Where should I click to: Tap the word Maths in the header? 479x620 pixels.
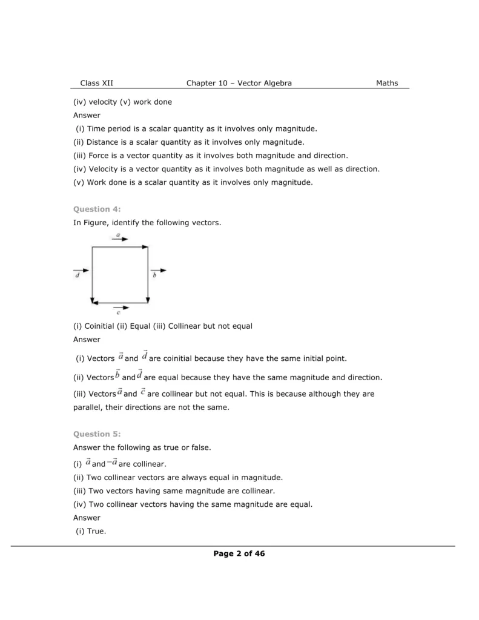click(387, 83)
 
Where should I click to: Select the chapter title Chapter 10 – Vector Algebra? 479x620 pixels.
click(239, 83)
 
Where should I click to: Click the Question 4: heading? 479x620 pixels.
click(97, 209)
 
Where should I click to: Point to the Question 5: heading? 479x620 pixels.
click(97, 434)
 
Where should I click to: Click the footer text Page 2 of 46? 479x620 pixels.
click(239, 553)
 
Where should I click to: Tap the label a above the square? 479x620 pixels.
click(118, 234)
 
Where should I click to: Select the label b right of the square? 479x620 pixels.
click(155, 276)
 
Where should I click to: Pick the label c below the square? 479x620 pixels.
click(118, 313)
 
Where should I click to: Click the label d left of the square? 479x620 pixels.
click(77, 276)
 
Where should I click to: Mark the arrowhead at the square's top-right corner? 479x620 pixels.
click(145, 246)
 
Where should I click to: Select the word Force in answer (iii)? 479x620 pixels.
click(97, 155)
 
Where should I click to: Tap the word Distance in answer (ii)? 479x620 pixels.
click(103, 142)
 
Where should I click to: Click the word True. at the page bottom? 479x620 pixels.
click(96, 531)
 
